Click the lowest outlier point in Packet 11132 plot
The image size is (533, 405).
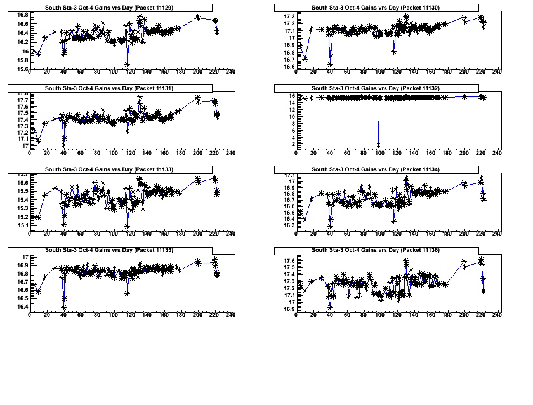pos(379,145)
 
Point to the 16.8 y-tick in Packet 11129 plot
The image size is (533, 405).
pos(22,15)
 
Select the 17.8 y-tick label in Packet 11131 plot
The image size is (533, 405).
pos(22,94)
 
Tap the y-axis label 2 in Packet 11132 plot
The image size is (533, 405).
pos(291,145)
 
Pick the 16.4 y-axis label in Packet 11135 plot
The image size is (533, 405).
pos(22,307)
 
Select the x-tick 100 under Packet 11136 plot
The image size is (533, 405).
pos(380,315)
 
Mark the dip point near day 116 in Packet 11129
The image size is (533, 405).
pos(128,65)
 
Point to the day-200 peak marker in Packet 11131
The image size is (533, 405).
pos(198,98)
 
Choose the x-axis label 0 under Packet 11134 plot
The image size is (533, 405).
pos(296,234)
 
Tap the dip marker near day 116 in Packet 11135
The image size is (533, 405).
pos(128,293)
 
